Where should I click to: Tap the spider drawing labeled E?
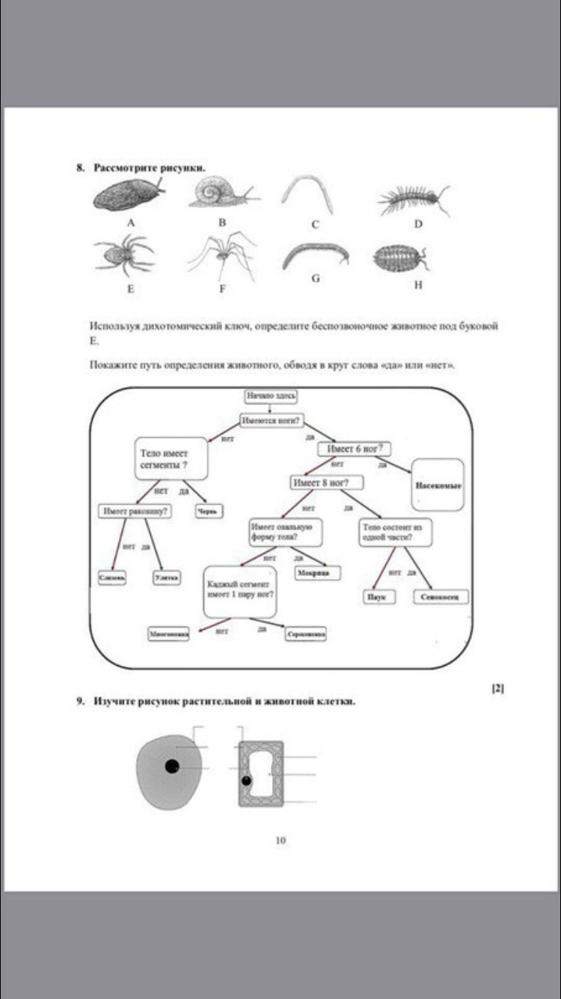[x=123, y=255]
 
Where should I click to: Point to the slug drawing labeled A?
[x=127, y=195]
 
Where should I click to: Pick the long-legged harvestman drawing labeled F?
[x=222, y=255]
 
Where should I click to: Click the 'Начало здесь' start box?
[x=272, y=395]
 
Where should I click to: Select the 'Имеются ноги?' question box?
[x=271, y=420]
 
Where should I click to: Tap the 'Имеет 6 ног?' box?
[x=355, y=449]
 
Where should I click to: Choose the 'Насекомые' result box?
[x=438, y=485]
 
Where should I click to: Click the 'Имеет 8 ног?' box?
[x=319, y=482]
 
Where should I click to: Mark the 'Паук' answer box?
[x=376, y=597]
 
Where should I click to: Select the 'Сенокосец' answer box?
[x=441, y=597]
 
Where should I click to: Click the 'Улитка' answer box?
[x=167, y=577]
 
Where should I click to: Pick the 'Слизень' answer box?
[x=112, y=577]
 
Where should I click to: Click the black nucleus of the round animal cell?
[x=172, y=766]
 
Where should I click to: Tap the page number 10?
[x=280, y=840]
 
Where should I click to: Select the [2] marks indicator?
[x=497, y=688]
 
